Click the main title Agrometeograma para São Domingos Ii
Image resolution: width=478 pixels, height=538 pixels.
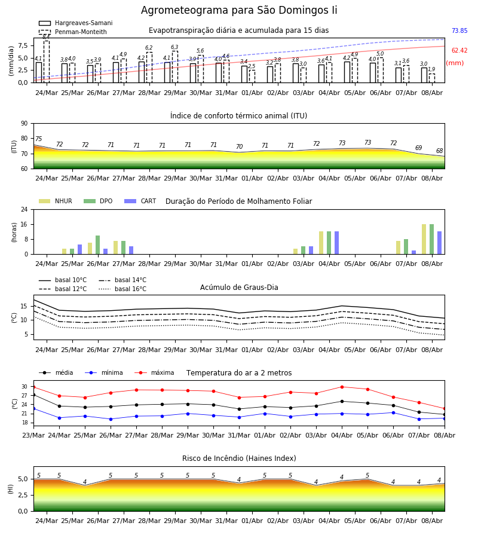pos(239,10)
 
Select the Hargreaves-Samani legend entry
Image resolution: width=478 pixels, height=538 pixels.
pos(75,23)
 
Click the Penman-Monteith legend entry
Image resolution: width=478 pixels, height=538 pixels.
pos(73,32)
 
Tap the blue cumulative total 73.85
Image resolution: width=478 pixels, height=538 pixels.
pos(459,30)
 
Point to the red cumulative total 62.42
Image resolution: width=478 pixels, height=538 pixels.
pos(459,50)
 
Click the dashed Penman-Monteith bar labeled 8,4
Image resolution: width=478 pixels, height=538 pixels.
pos(47,62)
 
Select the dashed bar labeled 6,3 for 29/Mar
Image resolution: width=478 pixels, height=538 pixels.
pos(175,67)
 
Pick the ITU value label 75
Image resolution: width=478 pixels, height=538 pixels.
pos(38,139)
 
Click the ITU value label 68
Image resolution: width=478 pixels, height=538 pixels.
pos(439,151)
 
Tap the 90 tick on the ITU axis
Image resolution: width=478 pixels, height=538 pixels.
pos(24,124)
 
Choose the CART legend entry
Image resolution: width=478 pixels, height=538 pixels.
pos(140,201)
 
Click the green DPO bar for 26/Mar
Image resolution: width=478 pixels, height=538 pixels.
pos(98,245)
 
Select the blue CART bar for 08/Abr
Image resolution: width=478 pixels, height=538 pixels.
pos(440,243)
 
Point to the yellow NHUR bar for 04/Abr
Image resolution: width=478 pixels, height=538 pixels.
pos(321,243)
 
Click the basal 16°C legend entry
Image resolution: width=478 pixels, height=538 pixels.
pos(122,289)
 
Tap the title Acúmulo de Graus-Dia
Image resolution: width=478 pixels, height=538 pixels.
pos(239,288)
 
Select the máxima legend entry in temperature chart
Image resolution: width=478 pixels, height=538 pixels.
pos(154,372)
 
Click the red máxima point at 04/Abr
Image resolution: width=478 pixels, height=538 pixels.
pos(342,387)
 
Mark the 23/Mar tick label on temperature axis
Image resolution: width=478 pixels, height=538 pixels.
pos(33,435)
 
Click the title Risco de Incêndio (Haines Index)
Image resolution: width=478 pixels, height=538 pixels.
pos(239,458)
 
